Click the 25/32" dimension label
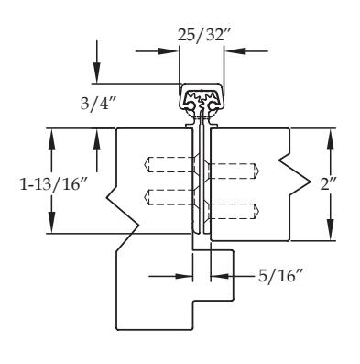(x=202, y=35)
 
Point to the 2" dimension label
(x=328, y=184)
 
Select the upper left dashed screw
(x=169, y=165)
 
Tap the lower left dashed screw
(x=169, y=197)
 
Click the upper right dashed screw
(x=234, y=171)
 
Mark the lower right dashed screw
(x=234, y=211)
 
